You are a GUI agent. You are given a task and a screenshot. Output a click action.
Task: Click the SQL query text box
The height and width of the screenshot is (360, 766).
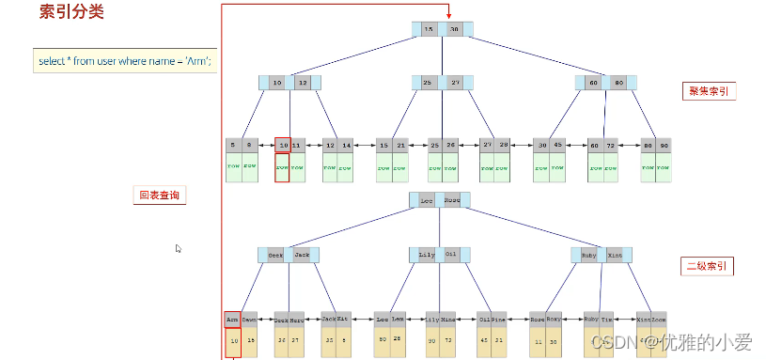125,61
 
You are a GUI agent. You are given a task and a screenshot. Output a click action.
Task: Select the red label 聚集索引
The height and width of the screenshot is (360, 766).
709,91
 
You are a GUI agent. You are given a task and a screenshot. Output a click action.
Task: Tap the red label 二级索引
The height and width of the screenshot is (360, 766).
709,267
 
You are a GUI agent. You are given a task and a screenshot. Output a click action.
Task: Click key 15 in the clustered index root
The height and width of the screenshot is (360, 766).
430,29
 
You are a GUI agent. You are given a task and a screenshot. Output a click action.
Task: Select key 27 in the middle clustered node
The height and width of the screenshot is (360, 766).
454,83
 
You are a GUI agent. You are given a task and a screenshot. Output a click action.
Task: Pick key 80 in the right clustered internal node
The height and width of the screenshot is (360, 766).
618,83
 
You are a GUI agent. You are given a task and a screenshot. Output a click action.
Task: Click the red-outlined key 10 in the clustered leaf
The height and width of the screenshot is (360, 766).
282,146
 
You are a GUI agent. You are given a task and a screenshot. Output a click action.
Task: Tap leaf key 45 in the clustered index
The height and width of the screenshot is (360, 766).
557,146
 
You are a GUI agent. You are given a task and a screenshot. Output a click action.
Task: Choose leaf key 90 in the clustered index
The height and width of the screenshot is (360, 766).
664,146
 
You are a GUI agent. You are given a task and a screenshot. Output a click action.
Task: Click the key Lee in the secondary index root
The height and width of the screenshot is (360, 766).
427,200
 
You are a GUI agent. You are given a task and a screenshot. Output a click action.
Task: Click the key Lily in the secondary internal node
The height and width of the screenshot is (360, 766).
427,255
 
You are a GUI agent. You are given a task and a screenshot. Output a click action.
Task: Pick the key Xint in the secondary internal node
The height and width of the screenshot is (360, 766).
614,255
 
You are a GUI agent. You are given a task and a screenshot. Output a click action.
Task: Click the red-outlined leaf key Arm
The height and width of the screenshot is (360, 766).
232,319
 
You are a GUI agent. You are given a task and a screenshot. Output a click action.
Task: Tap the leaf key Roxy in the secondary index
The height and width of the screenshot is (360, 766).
554,319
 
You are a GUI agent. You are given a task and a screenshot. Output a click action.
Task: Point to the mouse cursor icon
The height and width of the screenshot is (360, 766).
179,249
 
